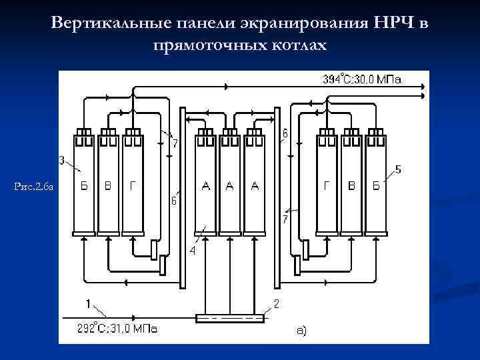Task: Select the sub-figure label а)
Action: coord(301,329)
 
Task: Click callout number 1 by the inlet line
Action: coord(89,303)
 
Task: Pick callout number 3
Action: coord(62,160)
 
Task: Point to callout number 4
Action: coord(192,251)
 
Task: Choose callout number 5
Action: coord(398,169)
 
